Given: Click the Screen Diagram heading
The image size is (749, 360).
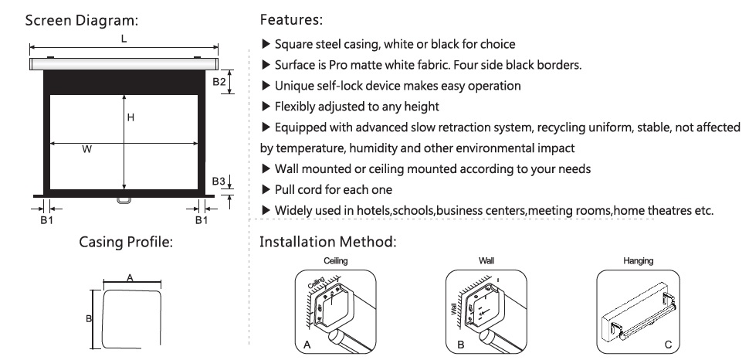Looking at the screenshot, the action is click(81, 21).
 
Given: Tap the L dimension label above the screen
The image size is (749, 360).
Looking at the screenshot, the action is click(124, 39).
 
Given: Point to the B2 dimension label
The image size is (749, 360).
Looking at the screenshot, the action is click(219, 82).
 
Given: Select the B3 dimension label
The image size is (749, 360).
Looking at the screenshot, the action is click(219, 182).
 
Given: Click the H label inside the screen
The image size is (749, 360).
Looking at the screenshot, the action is click(130, 117).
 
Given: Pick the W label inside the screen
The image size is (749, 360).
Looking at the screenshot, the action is click(86, 150).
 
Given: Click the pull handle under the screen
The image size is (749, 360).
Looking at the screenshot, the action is click(124, 200).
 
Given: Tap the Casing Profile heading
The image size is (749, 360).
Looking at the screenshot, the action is click(126, 242).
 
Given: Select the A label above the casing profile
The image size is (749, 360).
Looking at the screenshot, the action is click(130, 277).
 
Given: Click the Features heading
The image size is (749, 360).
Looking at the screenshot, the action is click(291, 20).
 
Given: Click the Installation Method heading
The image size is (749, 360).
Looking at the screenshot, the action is click(327, 242).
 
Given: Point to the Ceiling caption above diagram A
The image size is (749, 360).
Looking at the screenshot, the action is click(336, 261).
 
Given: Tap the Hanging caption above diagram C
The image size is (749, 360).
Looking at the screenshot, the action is click(638, 261).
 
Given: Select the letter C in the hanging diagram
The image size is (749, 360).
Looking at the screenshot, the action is click(668, 345).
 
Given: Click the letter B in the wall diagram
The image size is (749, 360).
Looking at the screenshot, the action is click(460, 345).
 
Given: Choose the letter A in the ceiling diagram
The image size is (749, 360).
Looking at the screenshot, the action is click(307, 345).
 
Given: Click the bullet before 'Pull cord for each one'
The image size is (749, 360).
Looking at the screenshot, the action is click(266, 190).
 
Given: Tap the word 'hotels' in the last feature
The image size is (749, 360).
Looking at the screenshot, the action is click(374, 210).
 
